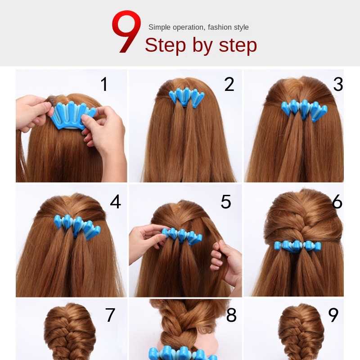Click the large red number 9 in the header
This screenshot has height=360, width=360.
click(126, 31)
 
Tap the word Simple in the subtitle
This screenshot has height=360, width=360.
click(160, 27)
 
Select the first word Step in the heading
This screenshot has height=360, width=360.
click(165, 45)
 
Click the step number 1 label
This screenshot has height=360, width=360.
click(104, 84)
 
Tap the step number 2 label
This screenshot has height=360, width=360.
click(229, 84)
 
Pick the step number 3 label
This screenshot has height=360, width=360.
click(338, 84)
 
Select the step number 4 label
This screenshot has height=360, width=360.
click(116, 202)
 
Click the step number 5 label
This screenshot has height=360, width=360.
click(226, 202)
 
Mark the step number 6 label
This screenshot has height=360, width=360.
click(337, 202)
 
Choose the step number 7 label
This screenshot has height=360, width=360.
click(110, 315)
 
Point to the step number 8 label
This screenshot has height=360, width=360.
click(231, 315)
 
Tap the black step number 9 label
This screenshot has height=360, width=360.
click(333, 315)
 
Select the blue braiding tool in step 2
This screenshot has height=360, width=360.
click(186, 98)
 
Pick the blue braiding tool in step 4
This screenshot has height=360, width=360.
click(77, 227)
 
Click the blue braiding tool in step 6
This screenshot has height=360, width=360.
click(297, 246)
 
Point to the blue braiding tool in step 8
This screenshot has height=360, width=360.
click(183, 353)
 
